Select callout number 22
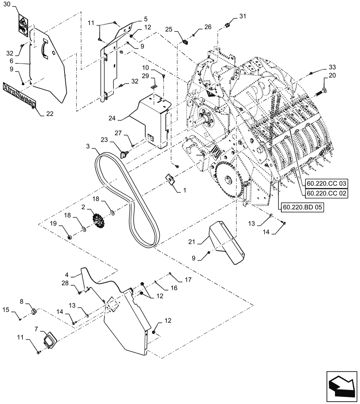[49, 114]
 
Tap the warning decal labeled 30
[22, 25]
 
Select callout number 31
[242, 16]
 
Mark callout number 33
[332, 67]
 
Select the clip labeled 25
[186, 41]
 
